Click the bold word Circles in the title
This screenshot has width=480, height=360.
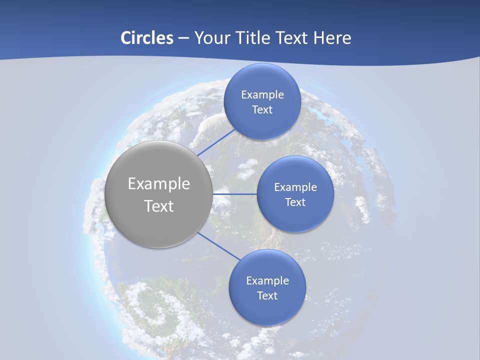point(147,38)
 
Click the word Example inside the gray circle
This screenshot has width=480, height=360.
point(159,184)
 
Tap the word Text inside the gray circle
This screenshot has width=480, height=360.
point(159,205)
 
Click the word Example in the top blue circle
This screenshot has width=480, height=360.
point(262,94)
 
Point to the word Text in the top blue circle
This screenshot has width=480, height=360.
point(262,109)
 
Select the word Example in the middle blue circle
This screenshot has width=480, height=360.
point(295,187)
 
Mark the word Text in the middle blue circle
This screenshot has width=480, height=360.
point(295,202)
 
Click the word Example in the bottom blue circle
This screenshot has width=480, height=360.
point(267,280)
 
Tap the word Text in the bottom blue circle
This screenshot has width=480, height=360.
point(267,295)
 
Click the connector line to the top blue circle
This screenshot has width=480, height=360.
point(216,142)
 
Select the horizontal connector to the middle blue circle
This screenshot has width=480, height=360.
point(234,194)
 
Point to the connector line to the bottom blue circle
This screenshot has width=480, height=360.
point(218,246)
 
